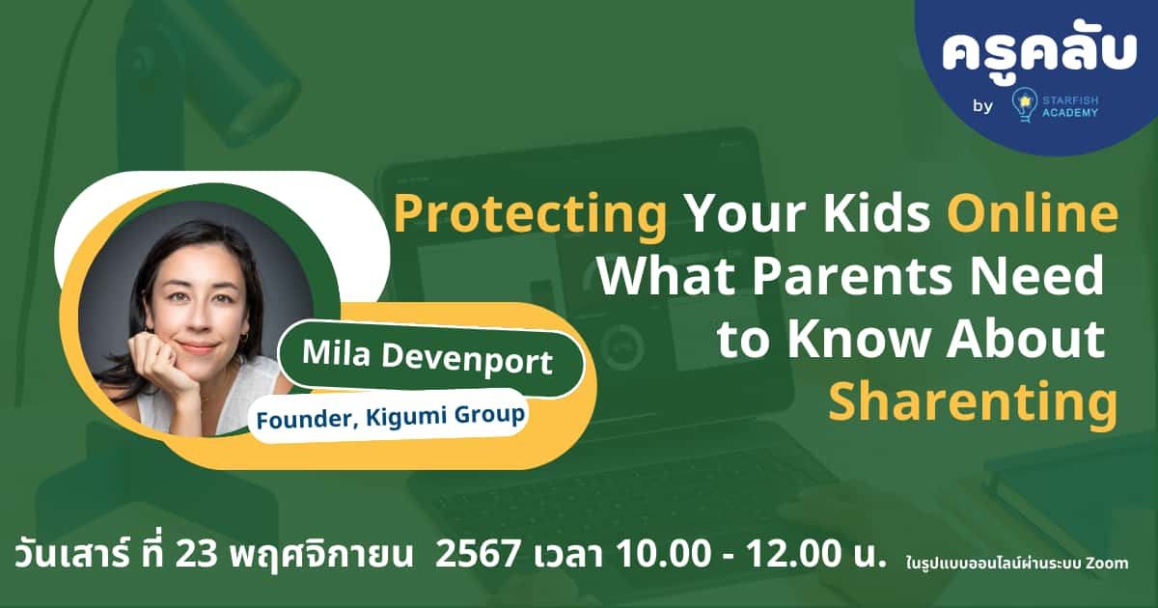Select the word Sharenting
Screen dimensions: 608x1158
point(973,401)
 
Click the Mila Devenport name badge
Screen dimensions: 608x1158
point(427,360)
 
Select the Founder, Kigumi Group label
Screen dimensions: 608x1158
point(390,416)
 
